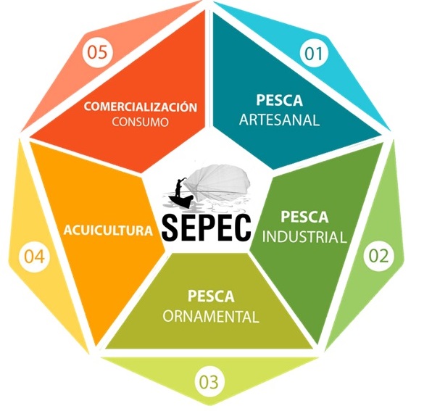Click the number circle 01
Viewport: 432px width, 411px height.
[314, 54]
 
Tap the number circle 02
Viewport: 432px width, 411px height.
[378, 256]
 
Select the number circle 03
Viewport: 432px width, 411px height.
[209, 382]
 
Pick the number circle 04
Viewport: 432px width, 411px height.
[35, 257]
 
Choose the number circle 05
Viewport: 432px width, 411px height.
[97, 52]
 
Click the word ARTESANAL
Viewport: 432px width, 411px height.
[279, 120]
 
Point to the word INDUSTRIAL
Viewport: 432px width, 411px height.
[304, 236]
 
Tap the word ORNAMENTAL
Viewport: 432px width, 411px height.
[211, 317]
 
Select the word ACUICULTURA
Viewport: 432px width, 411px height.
[108, 231]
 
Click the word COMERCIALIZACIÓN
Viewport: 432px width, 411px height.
[141, 107]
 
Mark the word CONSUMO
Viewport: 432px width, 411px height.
[140, 122]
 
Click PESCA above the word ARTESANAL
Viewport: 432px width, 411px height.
[279, 100]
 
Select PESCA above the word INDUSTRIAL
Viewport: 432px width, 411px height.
[304, 217]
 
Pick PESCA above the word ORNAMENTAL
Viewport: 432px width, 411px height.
[211, 296]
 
